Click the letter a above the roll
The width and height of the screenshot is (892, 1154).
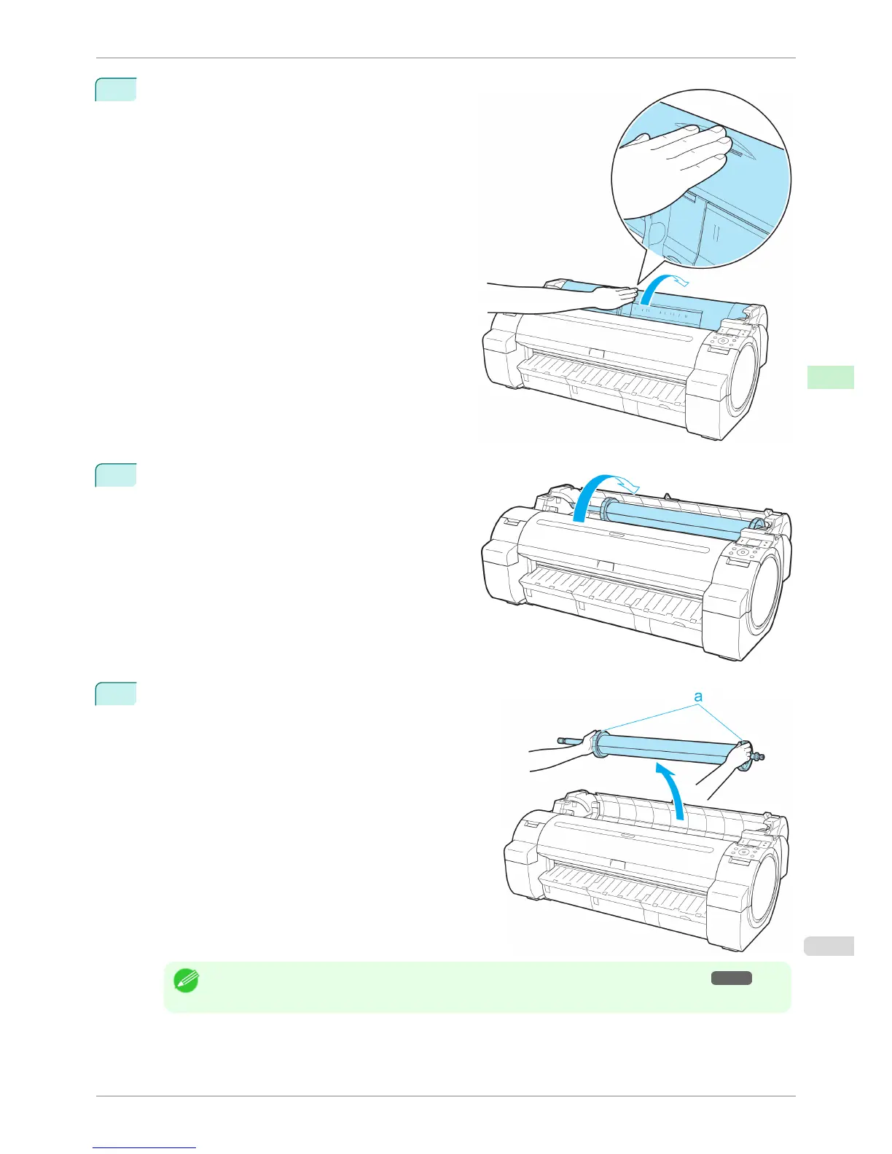coord(698,696)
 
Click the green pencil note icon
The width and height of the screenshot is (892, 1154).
coord(185,981)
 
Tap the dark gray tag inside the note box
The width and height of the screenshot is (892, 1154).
coord(732,978)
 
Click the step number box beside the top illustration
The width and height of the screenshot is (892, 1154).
coord(116,89)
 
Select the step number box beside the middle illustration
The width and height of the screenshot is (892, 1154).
coord(116,475)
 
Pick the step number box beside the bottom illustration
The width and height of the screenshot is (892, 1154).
coord(116,694)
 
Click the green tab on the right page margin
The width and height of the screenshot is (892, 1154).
coord(831,377)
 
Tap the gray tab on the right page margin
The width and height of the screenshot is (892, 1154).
coord(831,945)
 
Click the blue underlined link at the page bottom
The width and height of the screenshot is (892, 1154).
coord(144,1148)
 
